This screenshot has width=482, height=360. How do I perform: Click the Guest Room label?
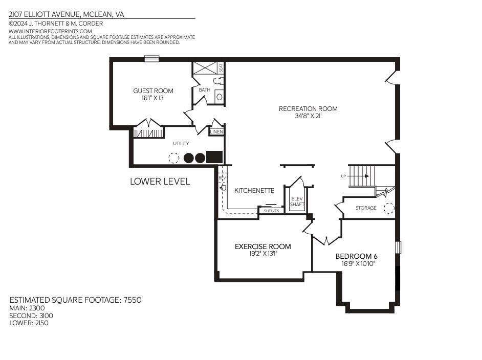[x=153, y=91]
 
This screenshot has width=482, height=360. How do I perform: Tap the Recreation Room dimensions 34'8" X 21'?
[x=308, y=116]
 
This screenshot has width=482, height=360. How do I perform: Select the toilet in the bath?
[x=218, y=81]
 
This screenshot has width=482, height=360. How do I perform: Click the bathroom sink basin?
[x=219, y=97]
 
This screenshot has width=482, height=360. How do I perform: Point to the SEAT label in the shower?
[x=221, y=67]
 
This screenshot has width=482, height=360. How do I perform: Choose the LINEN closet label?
[x=216, y=132]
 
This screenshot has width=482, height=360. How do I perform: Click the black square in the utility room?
[x=214, y=157]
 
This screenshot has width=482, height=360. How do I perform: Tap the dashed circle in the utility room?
[x=173, y=158]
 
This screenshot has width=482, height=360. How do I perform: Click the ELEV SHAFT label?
[x=297, y=201]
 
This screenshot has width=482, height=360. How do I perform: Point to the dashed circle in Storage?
[x=389, y=208]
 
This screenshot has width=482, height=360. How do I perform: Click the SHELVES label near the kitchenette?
[x=271, y=211]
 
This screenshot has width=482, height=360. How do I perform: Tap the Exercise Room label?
[x=263, y=246]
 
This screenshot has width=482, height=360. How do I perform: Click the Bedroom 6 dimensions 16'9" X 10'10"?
[x=358, y=264]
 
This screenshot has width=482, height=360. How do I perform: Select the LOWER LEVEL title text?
[x=160, y=182]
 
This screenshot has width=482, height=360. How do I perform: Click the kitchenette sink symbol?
[x=224, y=187]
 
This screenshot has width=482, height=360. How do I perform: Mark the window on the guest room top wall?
[x=152, y=59]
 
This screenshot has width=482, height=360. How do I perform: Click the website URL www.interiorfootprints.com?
[x=50, y=31]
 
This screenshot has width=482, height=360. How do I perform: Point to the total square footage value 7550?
[x=132, y=300]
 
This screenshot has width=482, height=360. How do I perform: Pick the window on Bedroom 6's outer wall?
[x=398, y=247]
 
